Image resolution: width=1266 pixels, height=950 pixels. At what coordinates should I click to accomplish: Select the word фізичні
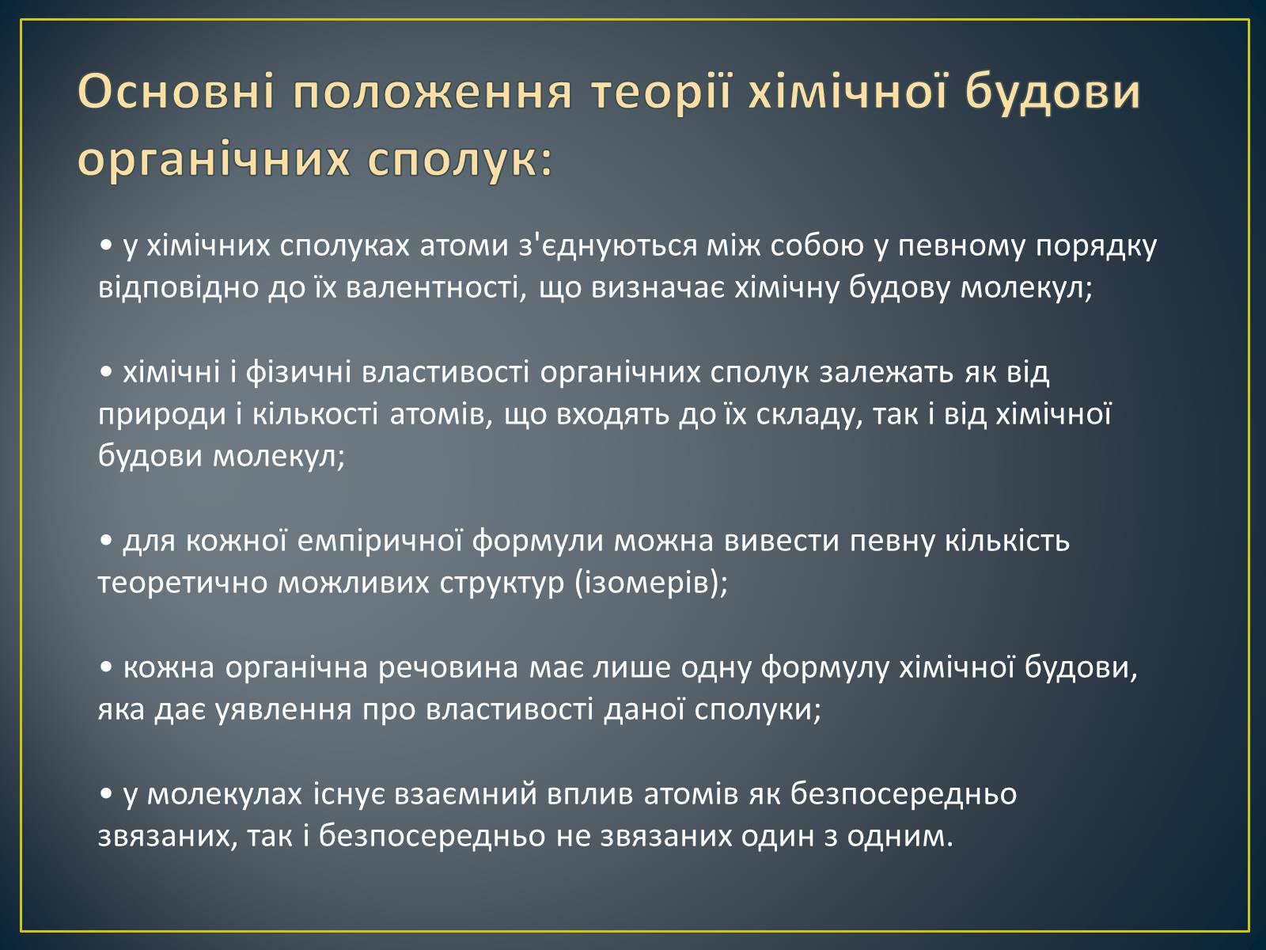point(299,373)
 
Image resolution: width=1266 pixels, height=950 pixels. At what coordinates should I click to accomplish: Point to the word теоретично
point(183,583)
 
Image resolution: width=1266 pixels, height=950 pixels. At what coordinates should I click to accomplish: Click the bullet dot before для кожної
point(106,541)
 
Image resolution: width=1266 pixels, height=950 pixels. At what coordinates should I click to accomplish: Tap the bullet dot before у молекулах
point(106,795)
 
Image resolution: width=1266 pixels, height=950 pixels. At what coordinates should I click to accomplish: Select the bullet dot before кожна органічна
point(106,668)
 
